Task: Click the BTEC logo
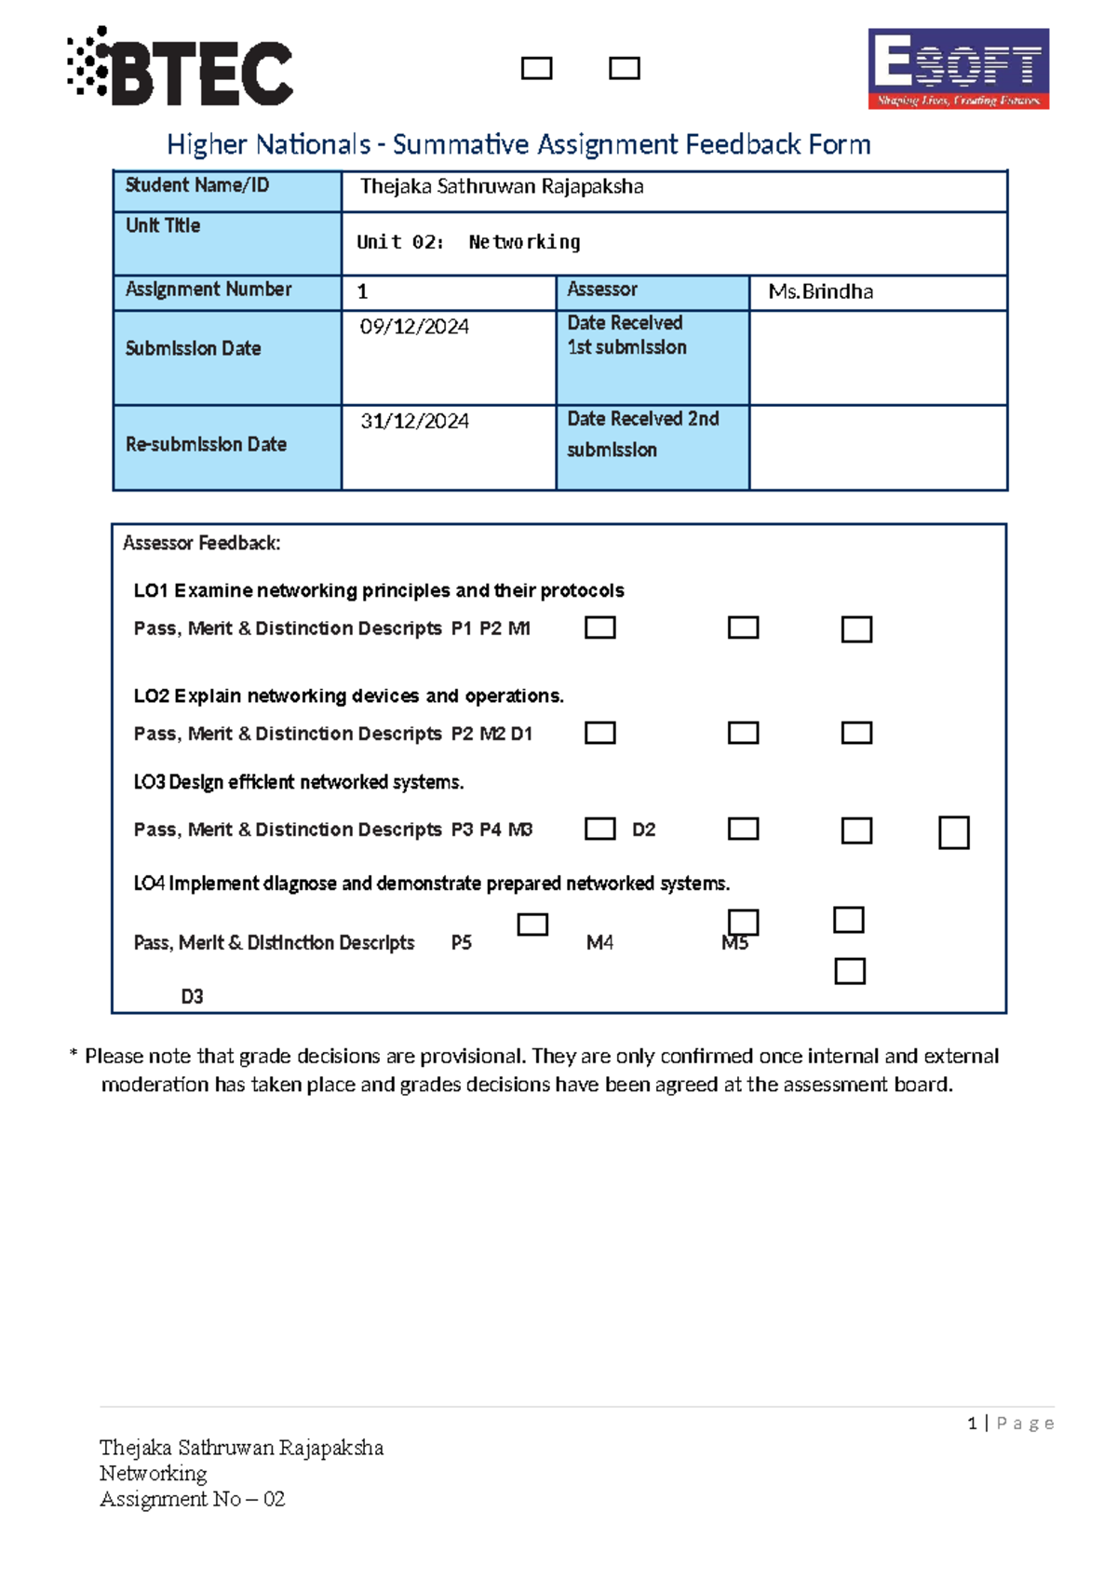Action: click(x=181, y=68)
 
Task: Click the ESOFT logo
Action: click(x=958, y=68)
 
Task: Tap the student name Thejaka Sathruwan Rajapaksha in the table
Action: click(x=502, y=187)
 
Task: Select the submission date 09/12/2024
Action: click(x=414, y=327)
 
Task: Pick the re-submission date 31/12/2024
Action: click(x=414, y=422)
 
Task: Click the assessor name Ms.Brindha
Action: click(x=820, y=292)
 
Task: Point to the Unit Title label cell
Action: click(x=163, y=226)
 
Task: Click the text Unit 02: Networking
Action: click(x=468, y=243)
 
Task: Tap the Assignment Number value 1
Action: click(x=363, y=292)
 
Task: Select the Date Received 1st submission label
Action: click(x=626, y=335)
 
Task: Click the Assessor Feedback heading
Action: click(x=201, y=544)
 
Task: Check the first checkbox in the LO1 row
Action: click(x=599, y=628)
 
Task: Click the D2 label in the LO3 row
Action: click(x=643, y=830)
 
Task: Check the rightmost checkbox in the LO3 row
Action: click(x=953, y=832)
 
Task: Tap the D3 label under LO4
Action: click(x=192, y=997)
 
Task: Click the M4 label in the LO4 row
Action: click(x=599, y=943)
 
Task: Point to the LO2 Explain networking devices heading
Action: click(x=348, y=696)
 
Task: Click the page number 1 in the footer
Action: click(x=972, y=1424)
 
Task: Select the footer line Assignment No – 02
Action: click(x=192, y=1500)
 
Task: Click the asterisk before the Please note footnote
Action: click(x=74, y=1056)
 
